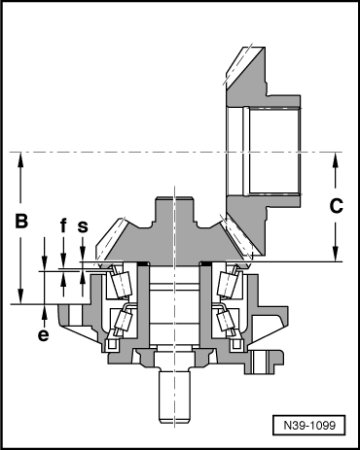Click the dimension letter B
[x=18, y=222]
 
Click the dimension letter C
[x=334, y=206]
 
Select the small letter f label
[x=63, y=226]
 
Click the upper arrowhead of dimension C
[x=336, y=159]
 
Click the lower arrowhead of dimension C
[x=336, y=255]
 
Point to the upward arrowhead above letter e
[x=45, y=311]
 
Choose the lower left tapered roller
[x=123, y=320]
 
